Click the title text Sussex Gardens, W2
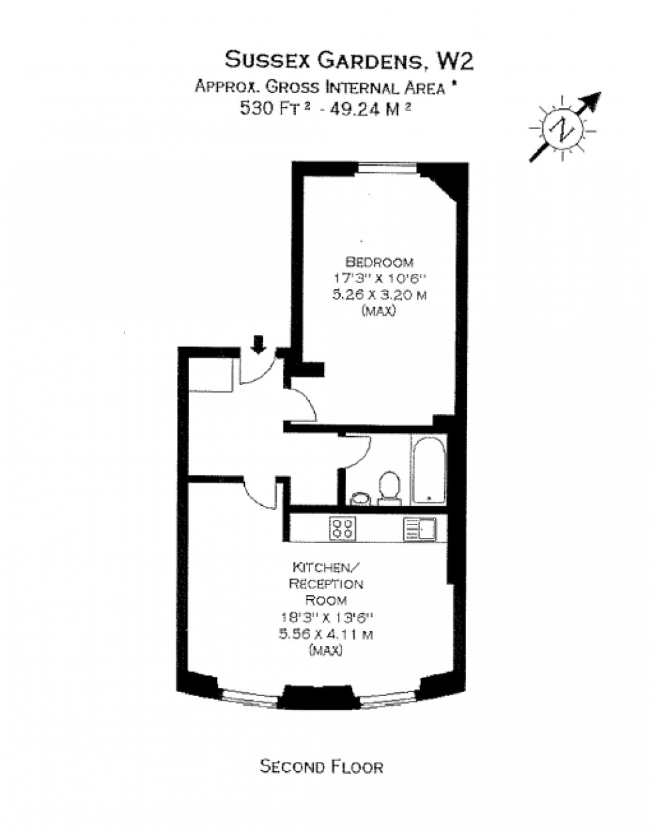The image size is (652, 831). click(x=349, y=60)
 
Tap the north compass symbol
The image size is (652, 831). click(x=563, y=129)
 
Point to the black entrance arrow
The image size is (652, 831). click(x=259, y=344)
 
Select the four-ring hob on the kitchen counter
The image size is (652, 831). click(x=343, y=529)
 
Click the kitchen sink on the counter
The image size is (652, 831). click(x=418, y=529)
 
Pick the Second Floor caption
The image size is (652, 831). click(x=321, y=767)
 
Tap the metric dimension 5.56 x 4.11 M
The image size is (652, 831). click(x=326, y=634)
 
